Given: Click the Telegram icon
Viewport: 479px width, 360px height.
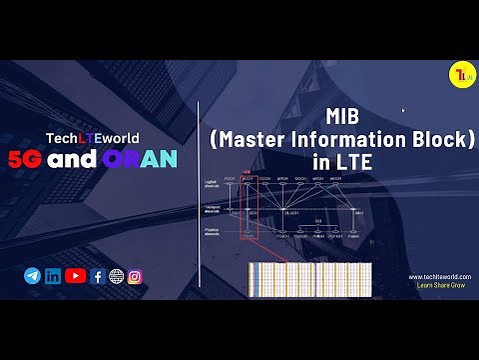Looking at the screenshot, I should pos(32,276).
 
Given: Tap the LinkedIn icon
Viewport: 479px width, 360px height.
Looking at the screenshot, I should pos(53,276).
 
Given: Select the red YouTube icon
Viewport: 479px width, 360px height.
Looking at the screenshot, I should pos(75,276).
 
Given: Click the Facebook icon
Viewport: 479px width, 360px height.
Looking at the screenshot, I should pos(98,277).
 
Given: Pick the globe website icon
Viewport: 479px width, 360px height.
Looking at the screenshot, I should pos(116,277).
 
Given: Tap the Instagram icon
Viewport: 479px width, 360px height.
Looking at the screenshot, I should pos(135,277).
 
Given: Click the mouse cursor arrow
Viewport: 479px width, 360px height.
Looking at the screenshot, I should pos(403,110).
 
